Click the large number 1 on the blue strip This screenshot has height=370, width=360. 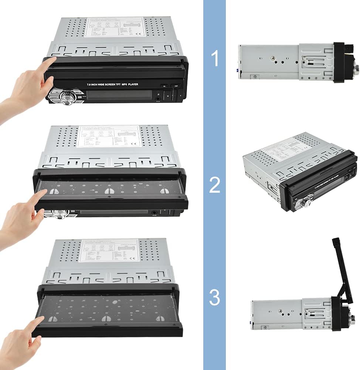(215, 59)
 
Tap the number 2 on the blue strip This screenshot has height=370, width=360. (215, 185)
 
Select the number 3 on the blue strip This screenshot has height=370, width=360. (215, 297)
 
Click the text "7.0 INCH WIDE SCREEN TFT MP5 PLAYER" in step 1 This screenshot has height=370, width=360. (112, 85)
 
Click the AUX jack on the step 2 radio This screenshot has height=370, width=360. (153, 213)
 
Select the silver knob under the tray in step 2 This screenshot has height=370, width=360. (59, 213)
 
